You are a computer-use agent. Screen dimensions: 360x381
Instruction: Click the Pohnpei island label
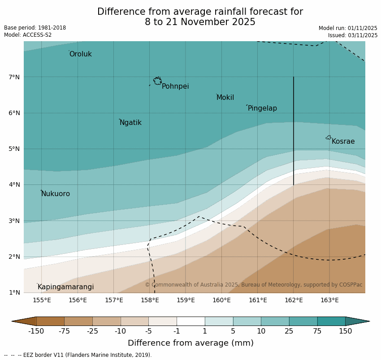coord(175,86)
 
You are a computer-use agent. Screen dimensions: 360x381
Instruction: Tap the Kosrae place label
coord(343,141)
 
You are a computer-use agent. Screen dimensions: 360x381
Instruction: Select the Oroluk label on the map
coord(81,54)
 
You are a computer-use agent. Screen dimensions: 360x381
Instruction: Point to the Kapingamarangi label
coord(65,287)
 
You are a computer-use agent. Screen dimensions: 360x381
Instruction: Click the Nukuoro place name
coord(56,194)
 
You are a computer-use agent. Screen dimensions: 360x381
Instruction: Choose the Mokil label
coord(225,98)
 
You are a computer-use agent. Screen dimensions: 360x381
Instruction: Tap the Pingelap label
coord(262,108)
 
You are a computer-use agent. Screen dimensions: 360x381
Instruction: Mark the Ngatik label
coord(130,123)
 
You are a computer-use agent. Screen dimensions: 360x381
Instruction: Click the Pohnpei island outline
coord(157,81)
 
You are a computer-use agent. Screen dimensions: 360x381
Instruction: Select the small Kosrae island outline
coord(329,137)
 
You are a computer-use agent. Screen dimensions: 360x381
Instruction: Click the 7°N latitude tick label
coord(14,77)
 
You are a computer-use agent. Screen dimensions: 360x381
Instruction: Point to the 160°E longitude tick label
coord(221,300)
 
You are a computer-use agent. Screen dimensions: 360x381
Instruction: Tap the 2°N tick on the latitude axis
coord(14,257)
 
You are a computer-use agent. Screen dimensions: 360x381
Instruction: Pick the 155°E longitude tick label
coord(42,300)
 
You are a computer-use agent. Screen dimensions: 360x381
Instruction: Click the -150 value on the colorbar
coord(36,331)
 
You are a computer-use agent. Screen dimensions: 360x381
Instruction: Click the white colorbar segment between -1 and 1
coord(190,321)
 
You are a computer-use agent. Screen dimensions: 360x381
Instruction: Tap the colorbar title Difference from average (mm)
coord(190,343)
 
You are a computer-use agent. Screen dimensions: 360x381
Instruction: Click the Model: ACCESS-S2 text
coord(28,35)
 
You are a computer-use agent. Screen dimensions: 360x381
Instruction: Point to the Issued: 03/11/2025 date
coord(352,35)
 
